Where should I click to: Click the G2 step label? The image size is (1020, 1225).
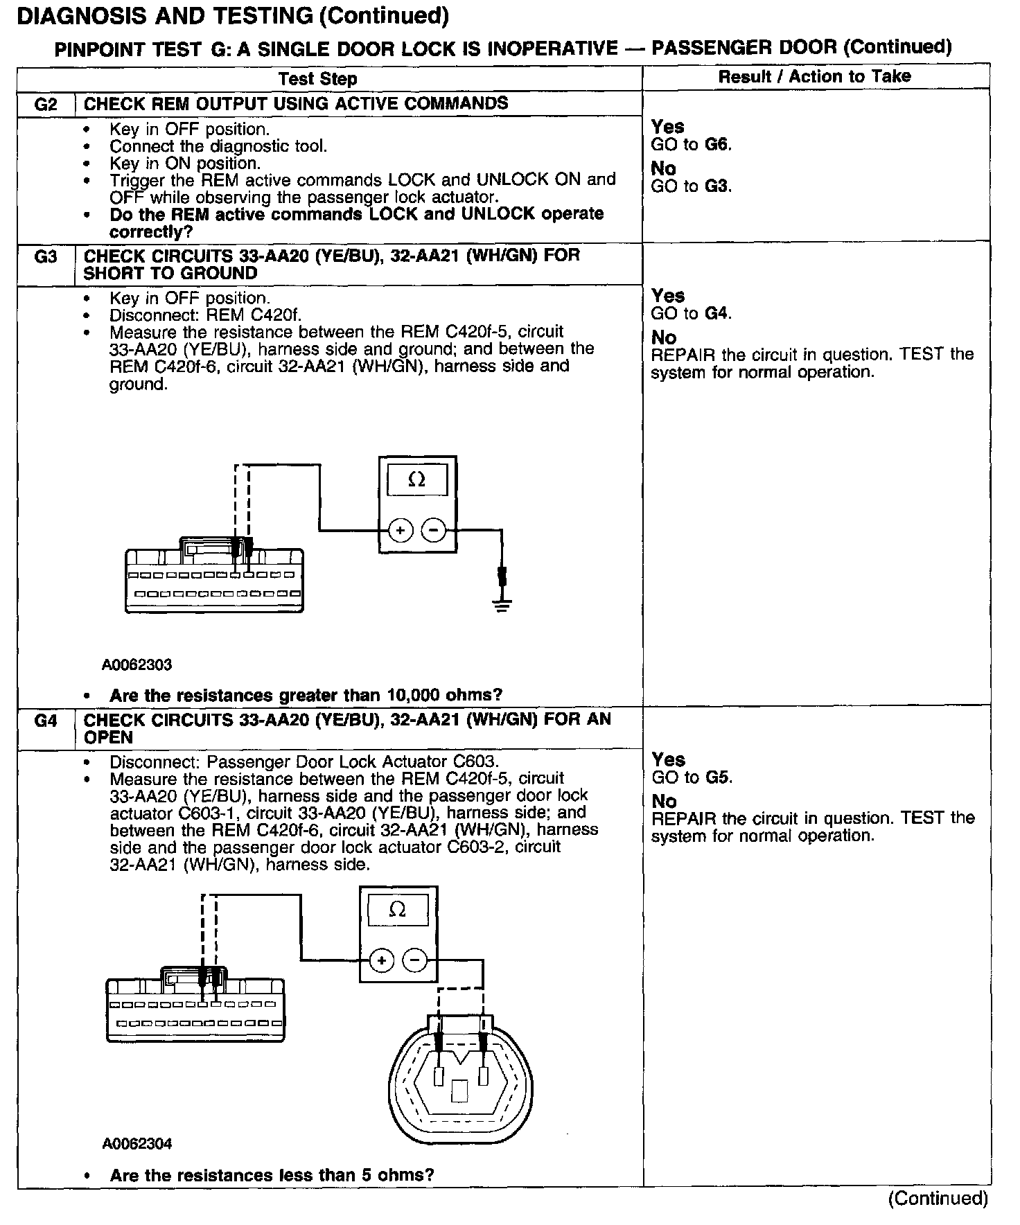point(46,105)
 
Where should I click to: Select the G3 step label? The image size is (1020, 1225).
point(46,256)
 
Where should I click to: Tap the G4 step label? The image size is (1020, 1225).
point(46,721)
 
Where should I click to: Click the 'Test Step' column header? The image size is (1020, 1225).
point(318,79)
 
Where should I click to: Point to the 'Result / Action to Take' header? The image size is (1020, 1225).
point(814,77)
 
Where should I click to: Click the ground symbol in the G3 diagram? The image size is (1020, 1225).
point(502,606)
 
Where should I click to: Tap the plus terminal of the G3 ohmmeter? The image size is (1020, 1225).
point(401,531)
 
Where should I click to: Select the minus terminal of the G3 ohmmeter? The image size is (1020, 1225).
point(434,531)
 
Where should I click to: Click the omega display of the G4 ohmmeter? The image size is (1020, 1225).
point(398,910)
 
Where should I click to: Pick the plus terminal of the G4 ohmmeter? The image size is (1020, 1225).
point(381,960)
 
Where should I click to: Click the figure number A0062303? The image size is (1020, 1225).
point(137,665)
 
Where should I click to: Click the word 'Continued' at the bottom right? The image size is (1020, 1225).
point(938,1199)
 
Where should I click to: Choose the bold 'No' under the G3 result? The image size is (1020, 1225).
point(664,337)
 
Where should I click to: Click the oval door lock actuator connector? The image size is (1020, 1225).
point(461,1081)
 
